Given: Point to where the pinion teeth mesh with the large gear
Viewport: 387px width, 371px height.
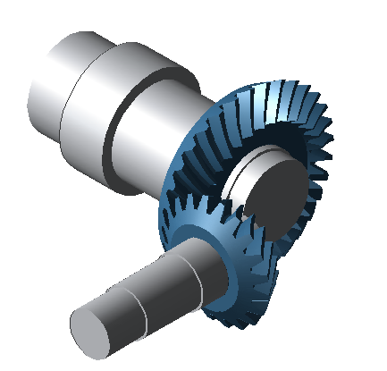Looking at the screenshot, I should tap(259, 241).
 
